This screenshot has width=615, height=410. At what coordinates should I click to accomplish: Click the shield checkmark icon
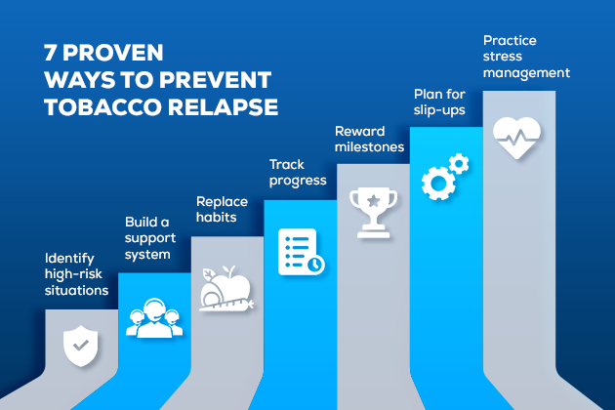80,344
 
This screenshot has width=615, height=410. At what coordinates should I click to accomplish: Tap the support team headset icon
153,316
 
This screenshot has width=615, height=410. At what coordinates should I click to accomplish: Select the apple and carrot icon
225,290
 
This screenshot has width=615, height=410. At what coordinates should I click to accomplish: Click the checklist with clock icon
300,251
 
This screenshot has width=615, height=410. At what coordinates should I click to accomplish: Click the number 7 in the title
50,54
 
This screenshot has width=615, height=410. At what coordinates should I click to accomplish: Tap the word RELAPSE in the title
224,107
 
